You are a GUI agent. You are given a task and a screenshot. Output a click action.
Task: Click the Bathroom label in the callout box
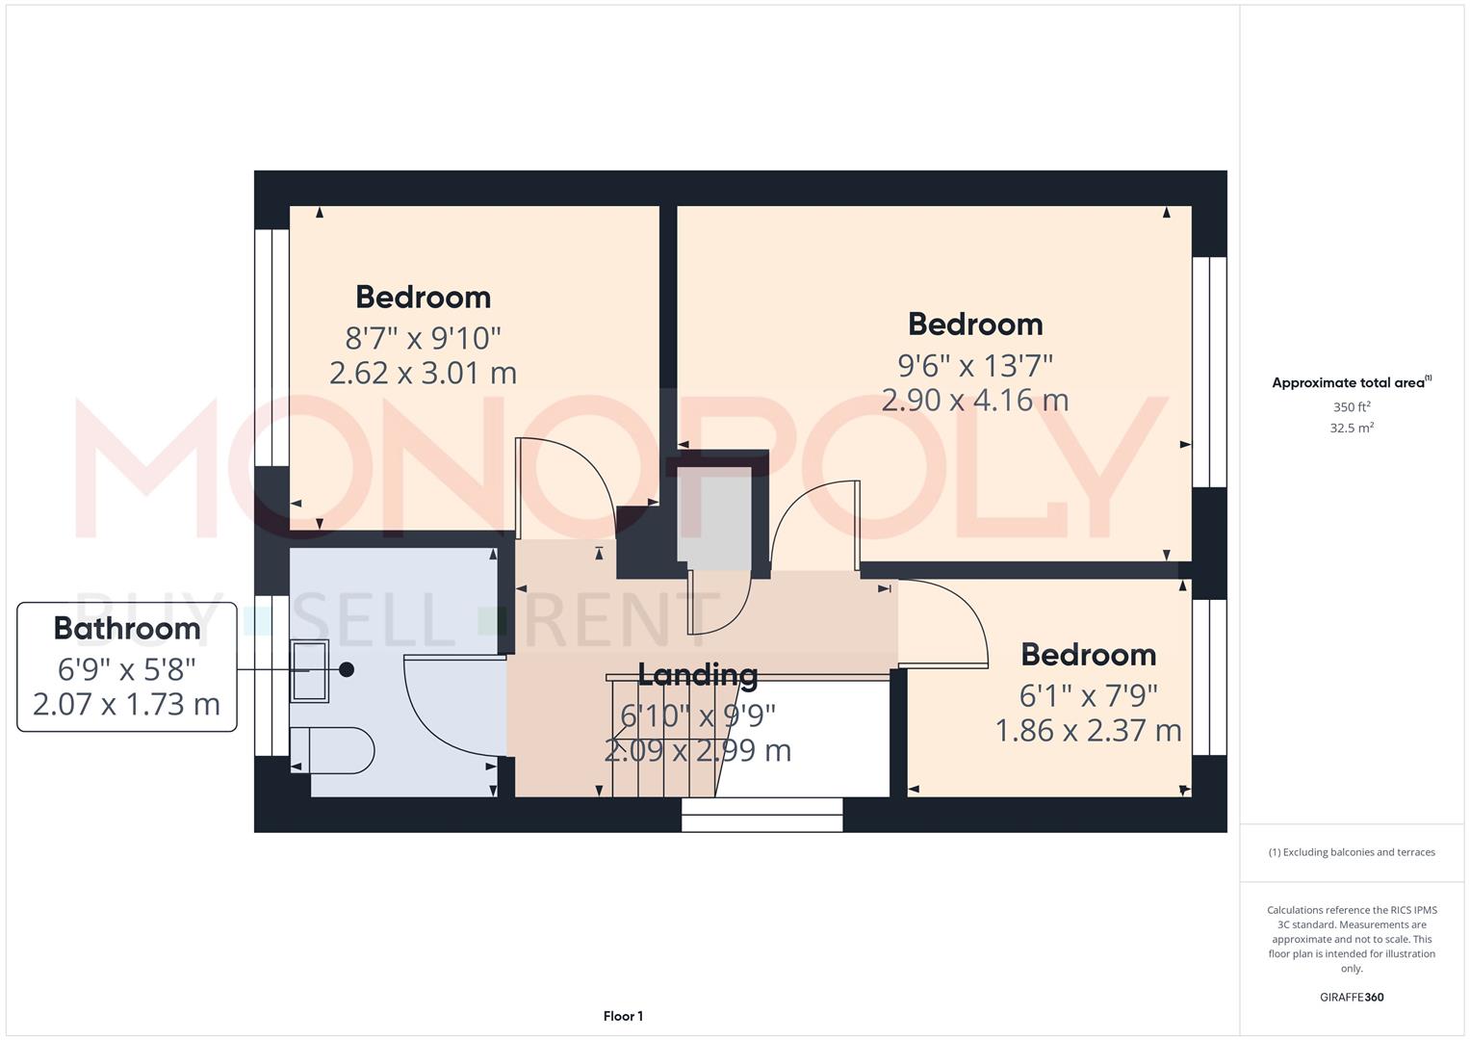tap(127, 628)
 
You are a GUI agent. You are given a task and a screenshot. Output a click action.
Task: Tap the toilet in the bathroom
tap(333, 750)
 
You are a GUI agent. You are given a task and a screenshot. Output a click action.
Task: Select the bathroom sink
tap(310, 670)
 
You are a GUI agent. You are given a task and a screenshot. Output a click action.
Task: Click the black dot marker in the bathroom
tap(347, 669)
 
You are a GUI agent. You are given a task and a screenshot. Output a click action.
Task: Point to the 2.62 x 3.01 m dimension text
tap(423, 373)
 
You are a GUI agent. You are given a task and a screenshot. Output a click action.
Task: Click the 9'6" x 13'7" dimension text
tap(975, 366)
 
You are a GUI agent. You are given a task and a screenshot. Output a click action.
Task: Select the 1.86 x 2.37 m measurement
tap(1088, 731)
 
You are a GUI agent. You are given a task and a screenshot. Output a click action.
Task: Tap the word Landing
tap(698, 674)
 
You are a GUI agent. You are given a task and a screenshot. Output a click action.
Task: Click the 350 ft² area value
tap(1352, 407)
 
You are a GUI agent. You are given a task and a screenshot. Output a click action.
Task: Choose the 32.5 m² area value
tap(1352, 429)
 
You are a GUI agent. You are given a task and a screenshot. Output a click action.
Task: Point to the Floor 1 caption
tap(623, 1016)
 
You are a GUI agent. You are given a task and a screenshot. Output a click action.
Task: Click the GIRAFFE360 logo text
tap(1352, 997)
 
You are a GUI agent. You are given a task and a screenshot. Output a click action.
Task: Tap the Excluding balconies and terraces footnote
tap(1352, 852)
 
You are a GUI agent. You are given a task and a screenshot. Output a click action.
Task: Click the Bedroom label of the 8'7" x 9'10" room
tap(423, 297)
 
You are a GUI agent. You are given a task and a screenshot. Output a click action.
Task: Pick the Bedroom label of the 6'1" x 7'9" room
tap(1088, 655)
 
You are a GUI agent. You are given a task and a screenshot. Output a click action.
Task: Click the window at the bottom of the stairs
tap(761, 815)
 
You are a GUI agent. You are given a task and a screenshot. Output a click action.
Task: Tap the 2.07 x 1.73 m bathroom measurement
tap(127, 705)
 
